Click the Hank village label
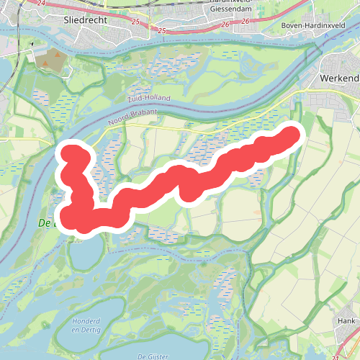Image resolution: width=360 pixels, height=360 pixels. pyautogui.click(x=348, y=321)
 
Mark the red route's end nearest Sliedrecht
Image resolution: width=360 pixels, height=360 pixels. pyautogui.click(x=71, y=153)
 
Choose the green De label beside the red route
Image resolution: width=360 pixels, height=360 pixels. pyautogui.click(x=44, y=224)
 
